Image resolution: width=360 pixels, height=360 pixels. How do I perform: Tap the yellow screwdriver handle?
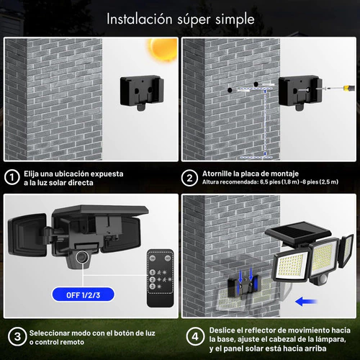pyautogui.click(x=349, y=88)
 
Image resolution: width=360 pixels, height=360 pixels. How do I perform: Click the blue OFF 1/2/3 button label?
pyautogui.click(x=83, y=294)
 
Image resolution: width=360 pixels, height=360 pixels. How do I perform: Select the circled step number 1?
pyautogui.click(x=12, y=177)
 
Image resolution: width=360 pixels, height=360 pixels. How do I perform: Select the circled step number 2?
pyautogui.click(x=189, y=178)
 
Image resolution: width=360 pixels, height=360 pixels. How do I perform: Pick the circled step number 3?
pyautogui.click(x=17, y=336)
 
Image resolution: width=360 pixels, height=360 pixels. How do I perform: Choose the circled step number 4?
pyautogui.click(x=195, y=336)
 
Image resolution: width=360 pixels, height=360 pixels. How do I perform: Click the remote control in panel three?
pyautogui.click(x=161, y=279)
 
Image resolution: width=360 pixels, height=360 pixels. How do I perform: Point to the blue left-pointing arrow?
pyautogui.click(x=306, y=302)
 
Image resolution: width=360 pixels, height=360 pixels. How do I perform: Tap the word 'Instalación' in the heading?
pyautogui.click(x=140, y=19)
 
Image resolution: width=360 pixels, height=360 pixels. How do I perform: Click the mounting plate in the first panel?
pyautogui.click(x=142, y=92)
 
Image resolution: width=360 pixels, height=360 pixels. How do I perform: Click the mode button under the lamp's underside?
pyautogui.click(x=82, y=257)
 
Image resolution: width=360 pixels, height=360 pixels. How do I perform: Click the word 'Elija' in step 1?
pyautogui.click(x=31, y=174)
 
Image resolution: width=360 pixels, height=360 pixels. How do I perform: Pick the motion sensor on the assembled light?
pyautogui.click(x=323, y=279)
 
